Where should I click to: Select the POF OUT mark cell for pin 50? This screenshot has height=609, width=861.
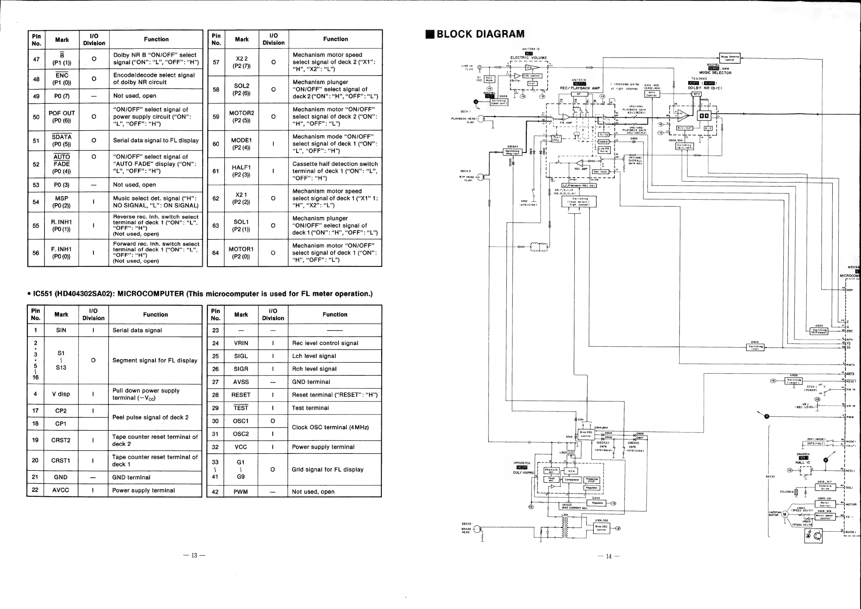coord(61,116)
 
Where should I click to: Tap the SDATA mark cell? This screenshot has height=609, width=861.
coord(61,140)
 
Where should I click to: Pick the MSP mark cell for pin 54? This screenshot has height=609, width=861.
coord(61,202)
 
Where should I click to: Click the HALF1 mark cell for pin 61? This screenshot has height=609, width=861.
coord(241,171)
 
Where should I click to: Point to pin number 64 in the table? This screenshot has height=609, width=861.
coord(216,253)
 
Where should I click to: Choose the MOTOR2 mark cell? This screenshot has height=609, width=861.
coord(242,116)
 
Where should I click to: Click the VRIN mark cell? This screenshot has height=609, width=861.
coord(241,343)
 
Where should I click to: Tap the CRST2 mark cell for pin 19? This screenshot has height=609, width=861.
coord(61,440)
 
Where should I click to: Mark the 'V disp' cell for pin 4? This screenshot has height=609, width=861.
coord(61,394)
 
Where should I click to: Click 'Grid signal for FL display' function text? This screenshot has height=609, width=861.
coord(327,469)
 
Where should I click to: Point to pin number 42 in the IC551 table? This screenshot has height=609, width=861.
coord(215,491)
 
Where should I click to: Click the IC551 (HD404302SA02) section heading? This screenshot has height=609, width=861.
coord(200,294)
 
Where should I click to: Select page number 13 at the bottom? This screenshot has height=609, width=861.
coord(194,555)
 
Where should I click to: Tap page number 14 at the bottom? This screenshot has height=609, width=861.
coord(609,557)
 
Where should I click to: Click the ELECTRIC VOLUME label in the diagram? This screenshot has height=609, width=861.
coord(528,58)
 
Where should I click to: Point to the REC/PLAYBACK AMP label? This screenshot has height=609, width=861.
coord(580,88)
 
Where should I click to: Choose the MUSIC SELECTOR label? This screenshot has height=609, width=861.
coord(715,73)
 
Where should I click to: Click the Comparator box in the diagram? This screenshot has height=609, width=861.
coord(572,480)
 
